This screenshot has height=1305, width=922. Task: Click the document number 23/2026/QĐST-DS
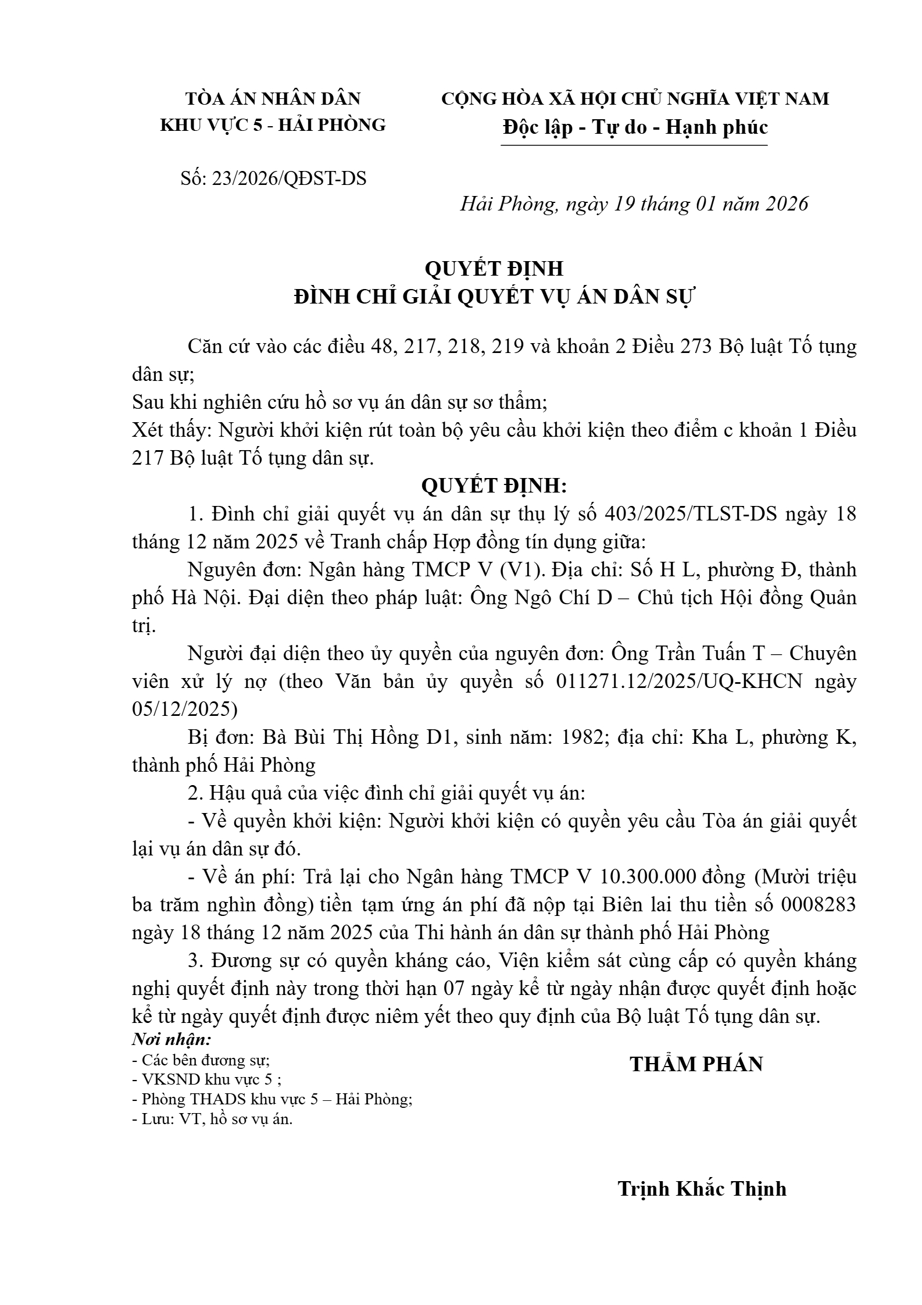289,179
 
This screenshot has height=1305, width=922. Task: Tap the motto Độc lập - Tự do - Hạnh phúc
635,127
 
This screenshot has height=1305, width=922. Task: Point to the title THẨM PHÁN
696,1064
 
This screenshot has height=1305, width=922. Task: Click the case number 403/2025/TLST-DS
691,515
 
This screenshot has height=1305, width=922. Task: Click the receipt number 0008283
819,905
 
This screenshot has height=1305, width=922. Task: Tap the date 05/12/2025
185,709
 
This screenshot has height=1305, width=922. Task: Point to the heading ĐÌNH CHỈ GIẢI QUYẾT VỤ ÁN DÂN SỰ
495,297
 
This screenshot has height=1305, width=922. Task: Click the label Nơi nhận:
171,1039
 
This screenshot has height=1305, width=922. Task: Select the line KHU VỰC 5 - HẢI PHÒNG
273,125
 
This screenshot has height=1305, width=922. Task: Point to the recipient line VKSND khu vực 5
207,1080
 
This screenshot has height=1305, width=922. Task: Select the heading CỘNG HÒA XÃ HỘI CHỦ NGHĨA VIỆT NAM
635,99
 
